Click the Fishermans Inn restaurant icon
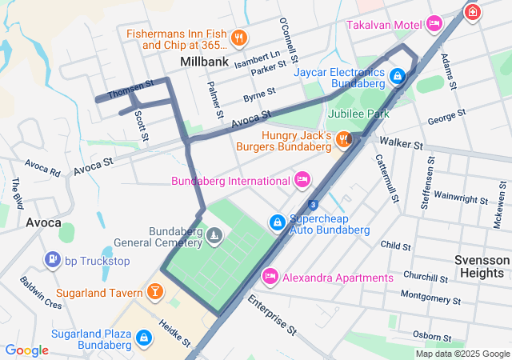pos(238,38)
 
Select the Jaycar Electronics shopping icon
pos(398,78)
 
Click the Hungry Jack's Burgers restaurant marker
pos(344,140)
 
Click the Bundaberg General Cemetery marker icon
pos(214,236)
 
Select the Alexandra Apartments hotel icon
pos(270,277)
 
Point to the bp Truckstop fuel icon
pos(53,259)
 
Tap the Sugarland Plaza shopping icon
pos(144,338)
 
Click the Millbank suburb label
pos(205,62)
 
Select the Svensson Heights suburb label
pos(481,267)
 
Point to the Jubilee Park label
pos(359,114)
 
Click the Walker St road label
pos(401,144)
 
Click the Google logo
pos(27,350)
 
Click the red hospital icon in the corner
pos(473,12)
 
